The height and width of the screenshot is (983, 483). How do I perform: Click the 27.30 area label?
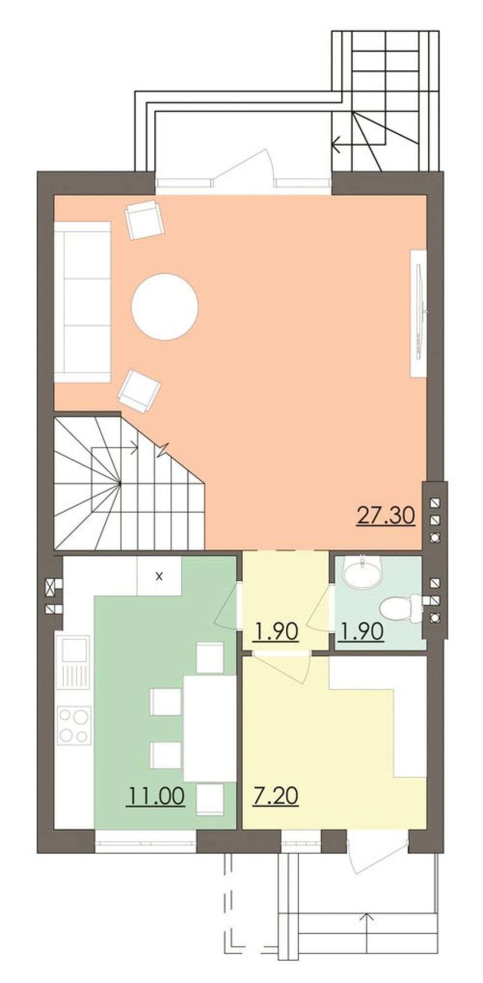click(385, 515)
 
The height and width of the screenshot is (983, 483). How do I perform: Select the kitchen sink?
click(73, 662)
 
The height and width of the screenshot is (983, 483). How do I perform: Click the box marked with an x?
click(159, 576)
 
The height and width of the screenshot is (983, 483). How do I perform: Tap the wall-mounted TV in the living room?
click(418, 313)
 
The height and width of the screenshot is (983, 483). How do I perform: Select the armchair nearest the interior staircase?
click(140, 391)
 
